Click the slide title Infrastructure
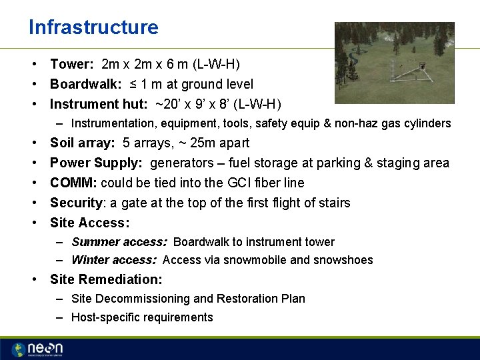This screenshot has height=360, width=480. click(93, 27)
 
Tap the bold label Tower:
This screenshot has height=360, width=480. click(72, 65)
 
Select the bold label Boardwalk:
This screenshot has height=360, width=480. click(85, 85)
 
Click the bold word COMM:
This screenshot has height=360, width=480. click(73, 183)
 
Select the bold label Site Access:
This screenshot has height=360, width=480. click(89, 223)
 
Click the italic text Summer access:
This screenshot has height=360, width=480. click(119, 242)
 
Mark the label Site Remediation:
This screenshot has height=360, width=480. click(106, 280)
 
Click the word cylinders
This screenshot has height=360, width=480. click(427, 123)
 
